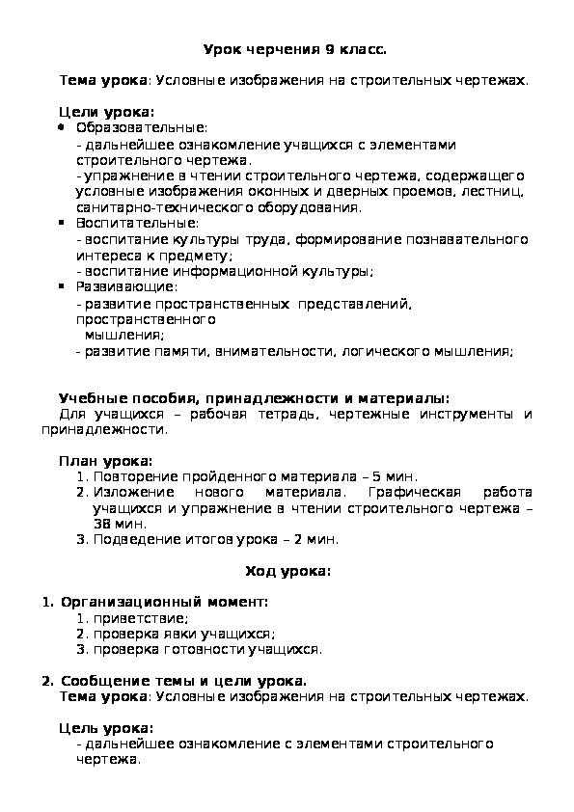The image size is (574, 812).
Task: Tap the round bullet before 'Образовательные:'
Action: click(63, 127)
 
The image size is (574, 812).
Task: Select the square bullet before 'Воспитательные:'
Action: click(63, 223)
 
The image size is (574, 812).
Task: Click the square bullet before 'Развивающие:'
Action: click(63, 286)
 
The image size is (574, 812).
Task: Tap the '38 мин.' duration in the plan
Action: click(116, 524)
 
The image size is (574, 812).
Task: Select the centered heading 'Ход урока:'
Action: click(287, 571)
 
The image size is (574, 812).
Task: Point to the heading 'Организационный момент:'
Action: click(164, 603)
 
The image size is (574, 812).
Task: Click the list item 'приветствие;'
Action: click(140, 618)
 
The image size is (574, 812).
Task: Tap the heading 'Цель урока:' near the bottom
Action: click(106, 728)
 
